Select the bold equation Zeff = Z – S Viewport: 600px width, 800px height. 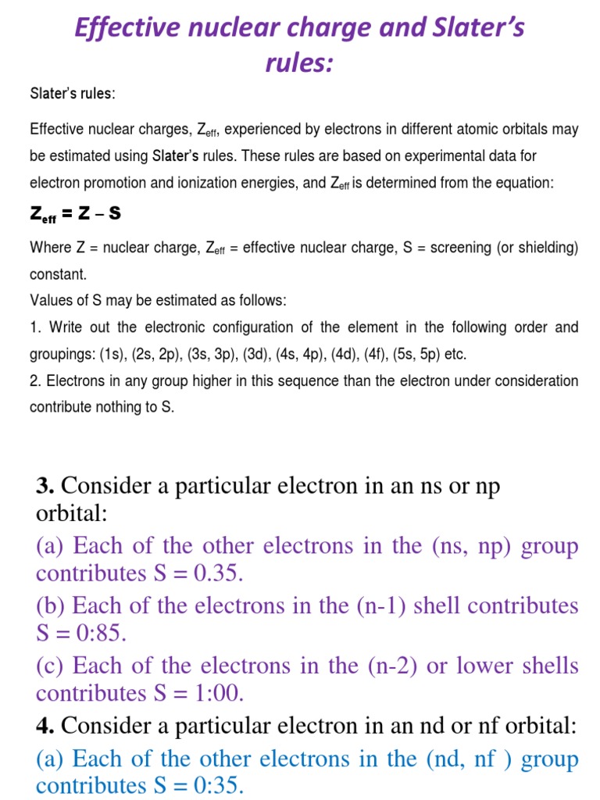tap(75, 214)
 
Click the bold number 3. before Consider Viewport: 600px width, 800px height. tap(45, 486)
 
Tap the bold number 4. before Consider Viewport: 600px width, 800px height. tap(45, 726)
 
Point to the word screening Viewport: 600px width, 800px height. tap(455, 248)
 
